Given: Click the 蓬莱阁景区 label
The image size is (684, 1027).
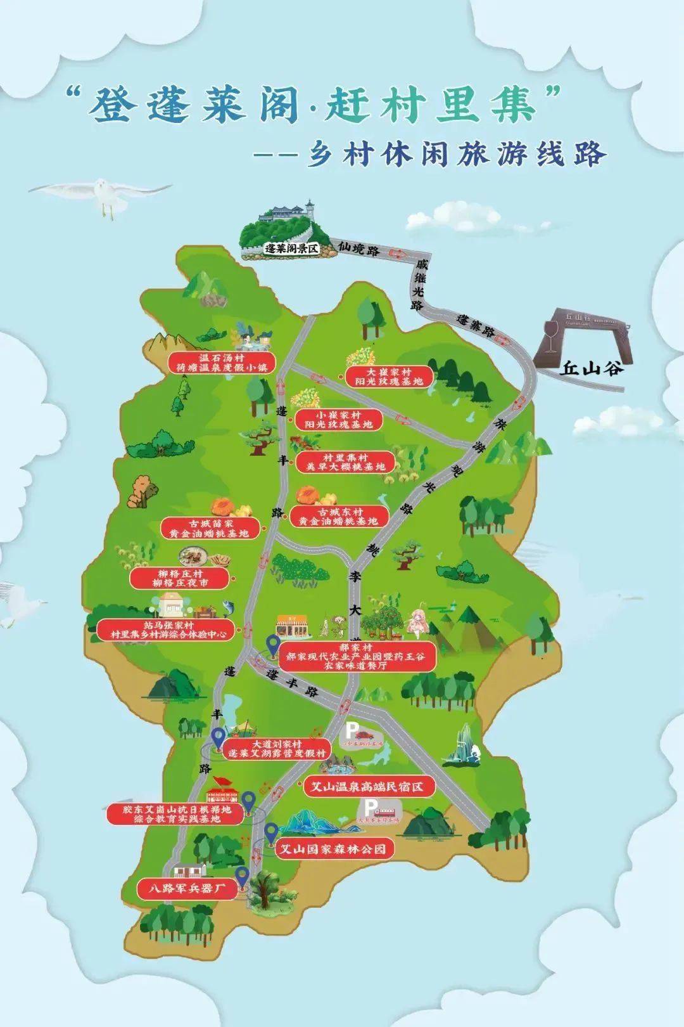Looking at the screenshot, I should pyautogui.click(x=291, y=249).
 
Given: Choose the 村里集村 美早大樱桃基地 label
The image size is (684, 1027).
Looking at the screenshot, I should pyautogui.click(x=345, y=462).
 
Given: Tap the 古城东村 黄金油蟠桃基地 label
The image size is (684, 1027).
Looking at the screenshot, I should pyautogui.click(x=339, y=516).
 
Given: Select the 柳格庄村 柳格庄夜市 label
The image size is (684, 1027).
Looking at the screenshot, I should pyautogui.click(x=179, y=578).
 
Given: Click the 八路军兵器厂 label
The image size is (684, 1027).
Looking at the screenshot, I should pyautogui.click(x=187, y=889).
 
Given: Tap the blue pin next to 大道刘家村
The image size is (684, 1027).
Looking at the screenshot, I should pyautogui.click(x=218, y=738).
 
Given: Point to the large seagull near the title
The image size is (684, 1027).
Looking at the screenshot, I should pyautogui.click(x=101, y=194).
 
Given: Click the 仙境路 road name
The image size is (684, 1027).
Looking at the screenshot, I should pyautogui.click(x=359, y=249).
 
